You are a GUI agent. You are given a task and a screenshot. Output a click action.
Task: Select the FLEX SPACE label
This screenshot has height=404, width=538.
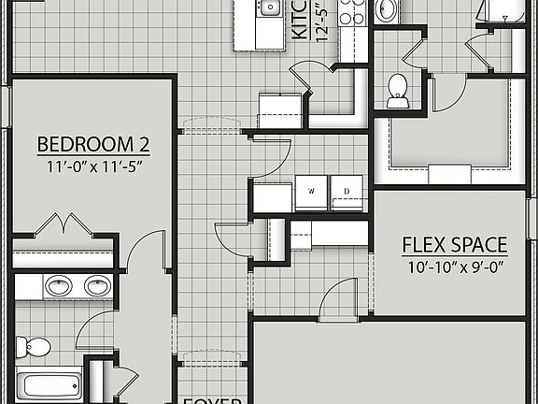[x=454, y=246]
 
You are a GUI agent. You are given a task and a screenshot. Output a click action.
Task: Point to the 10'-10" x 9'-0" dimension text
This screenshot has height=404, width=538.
[x=454, y=267]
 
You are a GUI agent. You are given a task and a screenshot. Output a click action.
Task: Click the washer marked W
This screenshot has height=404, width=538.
[x=311, y=192]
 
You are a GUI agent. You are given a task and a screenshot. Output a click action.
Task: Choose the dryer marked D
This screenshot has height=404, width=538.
[x=347, y=192]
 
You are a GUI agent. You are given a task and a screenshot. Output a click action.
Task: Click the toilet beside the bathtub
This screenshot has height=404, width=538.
[x=36, y=347]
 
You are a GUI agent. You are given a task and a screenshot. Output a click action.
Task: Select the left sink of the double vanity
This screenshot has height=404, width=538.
[x=58, y=285]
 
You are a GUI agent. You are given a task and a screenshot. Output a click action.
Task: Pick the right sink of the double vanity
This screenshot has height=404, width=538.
[x=95, y=285]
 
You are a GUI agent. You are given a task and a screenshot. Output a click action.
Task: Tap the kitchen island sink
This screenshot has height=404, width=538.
[x=269, y=8]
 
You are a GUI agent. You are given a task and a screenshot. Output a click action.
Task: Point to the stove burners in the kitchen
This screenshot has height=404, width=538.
[x=352, y=11]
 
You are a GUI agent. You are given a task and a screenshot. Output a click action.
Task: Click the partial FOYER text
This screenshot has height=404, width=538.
[x=212, y=399]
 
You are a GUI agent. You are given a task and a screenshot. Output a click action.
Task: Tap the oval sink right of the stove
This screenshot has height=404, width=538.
[x=386, y=9]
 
